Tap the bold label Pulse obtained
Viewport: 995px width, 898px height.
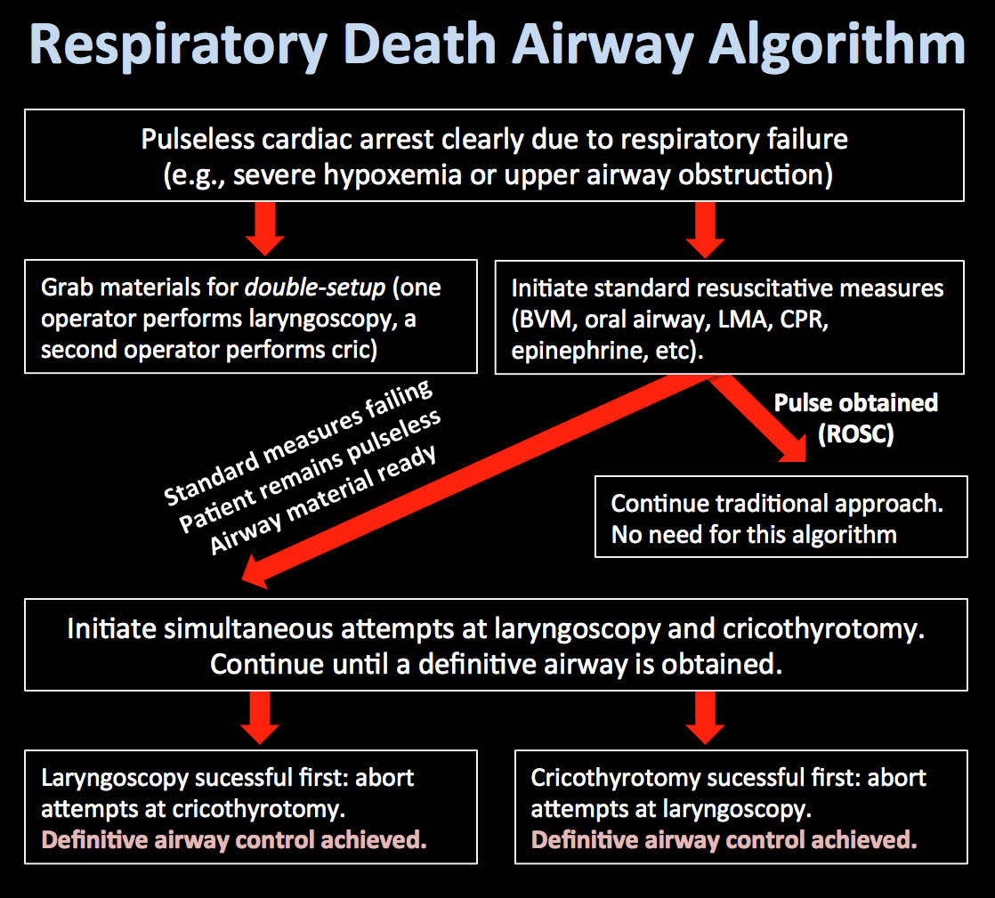(855, 403)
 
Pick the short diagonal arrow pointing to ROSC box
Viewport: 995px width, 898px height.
(756, 418)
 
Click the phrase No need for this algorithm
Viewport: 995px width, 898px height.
(753, 534)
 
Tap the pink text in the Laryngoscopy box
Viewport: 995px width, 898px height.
(234, 840)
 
